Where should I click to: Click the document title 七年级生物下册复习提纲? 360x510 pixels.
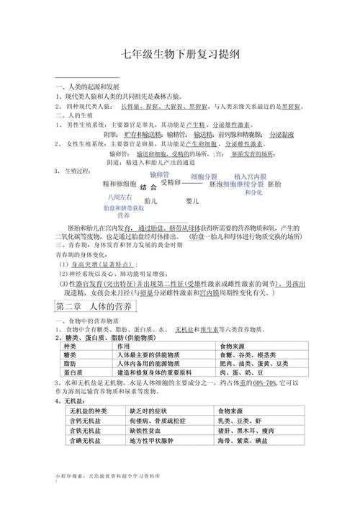[180, 56]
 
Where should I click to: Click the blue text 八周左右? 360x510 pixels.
[120, 196]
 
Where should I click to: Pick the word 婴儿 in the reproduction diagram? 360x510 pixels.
[192, 200]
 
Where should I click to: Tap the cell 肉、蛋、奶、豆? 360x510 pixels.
[235, 372]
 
